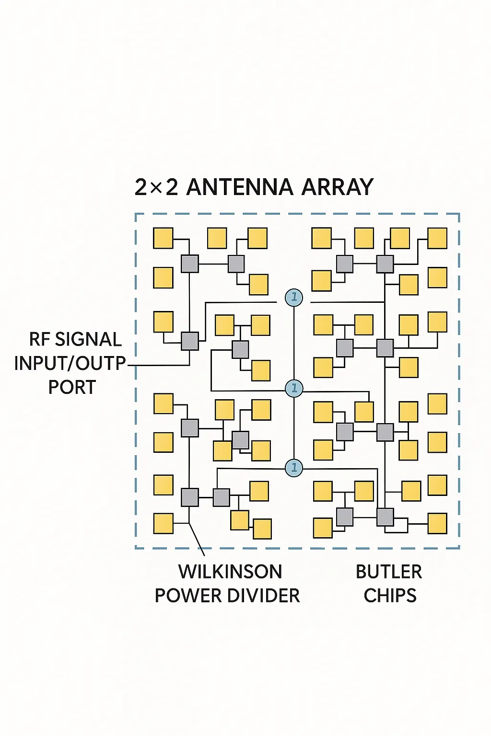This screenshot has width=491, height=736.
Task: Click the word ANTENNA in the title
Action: [x=239, y=187]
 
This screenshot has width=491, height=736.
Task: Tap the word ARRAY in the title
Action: [x=337, y=187]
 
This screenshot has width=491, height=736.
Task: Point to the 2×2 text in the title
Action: [x=156, y=187]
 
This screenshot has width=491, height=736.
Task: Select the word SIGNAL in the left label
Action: [x=88, y=339]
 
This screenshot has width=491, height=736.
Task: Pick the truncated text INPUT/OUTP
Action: [x=70, y=363]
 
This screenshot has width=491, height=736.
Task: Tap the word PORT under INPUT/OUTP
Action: [x=72, y=387]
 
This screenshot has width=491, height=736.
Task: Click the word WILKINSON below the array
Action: [x=230, y=572]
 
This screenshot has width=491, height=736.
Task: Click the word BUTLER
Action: [x=389, y=572]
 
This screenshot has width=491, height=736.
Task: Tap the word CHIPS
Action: [x=390, y=596]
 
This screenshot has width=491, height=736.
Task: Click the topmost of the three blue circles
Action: [x=293, y=298]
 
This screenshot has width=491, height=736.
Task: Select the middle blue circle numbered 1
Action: [x=293, y=388]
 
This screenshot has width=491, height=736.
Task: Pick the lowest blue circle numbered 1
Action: [x=293, y=467]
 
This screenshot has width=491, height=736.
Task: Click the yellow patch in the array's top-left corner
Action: [x=163, y=238]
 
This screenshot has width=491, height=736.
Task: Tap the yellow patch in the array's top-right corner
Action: [x=437, y=238]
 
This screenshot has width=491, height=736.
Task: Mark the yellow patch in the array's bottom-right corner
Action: [x=437, y=523]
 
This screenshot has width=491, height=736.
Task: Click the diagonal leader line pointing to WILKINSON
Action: [x=197, y=539]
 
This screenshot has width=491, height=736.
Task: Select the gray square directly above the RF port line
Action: [x=190, y=341]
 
